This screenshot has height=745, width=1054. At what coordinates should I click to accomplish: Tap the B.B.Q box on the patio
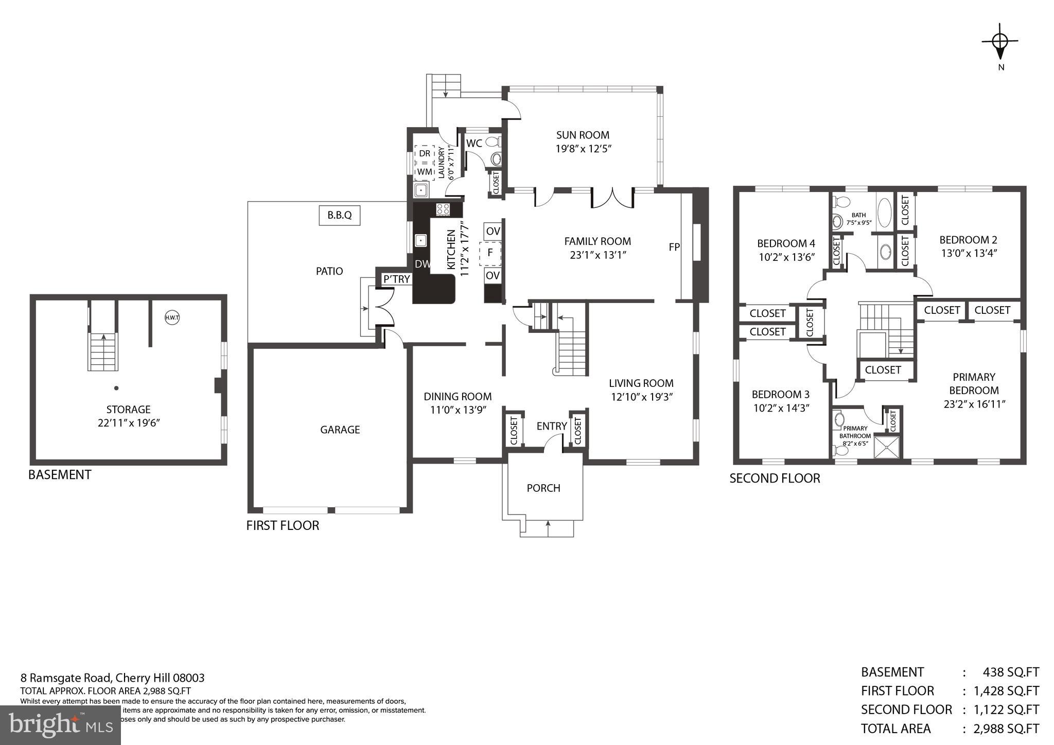(x=339, y=215)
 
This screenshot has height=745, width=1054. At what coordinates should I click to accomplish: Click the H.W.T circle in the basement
(x=172, y=317)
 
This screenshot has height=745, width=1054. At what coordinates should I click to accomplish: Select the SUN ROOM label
(x=583, y=135)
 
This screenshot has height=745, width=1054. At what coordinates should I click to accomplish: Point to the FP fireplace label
(x=674, y=247)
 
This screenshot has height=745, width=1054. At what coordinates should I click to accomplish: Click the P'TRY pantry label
(x=397, y=279)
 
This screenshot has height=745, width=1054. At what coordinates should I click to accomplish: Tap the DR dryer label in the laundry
(x=425, y=153)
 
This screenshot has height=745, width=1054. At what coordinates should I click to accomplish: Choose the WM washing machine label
(x=425, y=171)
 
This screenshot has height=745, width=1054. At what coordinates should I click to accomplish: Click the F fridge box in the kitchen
(x=490, y=253)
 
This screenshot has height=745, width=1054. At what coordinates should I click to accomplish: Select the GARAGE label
(x=340, y=430)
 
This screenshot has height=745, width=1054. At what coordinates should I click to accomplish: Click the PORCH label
(x=543, y=488)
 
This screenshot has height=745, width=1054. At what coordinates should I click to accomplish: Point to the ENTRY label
(x=551, y=426)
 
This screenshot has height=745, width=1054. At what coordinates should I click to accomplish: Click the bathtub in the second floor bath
(x=885, y=213)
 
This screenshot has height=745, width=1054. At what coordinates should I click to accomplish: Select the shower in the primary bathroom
(x=887, y=447)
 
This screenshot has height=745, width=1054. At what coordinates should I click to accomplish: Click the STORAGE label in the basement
(x=128, y=410)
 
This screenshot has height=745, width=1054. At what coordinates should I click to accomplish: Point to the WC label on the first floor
(x=474, y=144)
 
